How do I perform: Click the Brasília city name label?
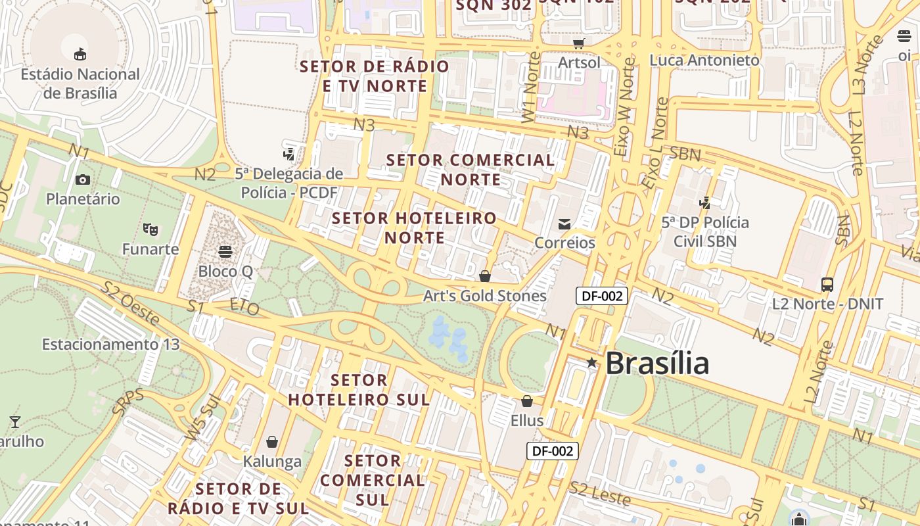[x=657, y=363]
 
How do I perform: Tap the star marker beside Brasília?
[x=591, y=362]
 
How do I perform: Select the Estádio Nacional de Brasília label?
[x=80, y=83]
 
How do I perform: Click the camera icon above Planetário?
[x=83, y=179]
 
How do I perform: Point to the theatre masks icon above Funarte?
[x=150, y=229]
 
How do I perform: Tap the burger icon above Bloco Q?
[x=225, y=252]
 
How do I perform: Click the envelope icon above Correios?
[x=564, y=224]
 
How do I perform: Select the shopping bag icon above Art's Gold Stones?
[x=485, y=276]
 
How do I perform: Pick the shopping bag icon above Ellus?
[x=527, y=401]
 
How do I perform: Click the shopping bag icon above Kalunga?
[x=272, y=442]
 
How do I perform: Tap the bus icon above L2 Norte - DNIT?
[x=827, y=285]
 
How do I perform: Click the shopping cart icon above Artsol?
[x=579, y=43]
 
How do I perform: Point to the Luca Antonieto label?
[x=704, y=60]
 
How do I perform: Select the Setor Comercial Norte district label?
[x=471, y=170]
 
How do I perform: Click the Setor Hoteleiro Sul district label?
[x=359, y=390]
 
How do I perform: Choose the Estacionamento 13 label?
[x=110, y=345]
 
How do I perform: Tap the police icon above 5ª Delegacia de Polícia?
[x=288, y=155]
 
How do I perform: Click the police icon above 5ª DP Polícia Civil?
[x=705, y=203]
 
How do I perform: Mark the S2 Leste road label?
[x=600, y=494]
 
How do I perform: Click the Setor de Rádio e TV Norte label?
[x=375, y=76]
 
